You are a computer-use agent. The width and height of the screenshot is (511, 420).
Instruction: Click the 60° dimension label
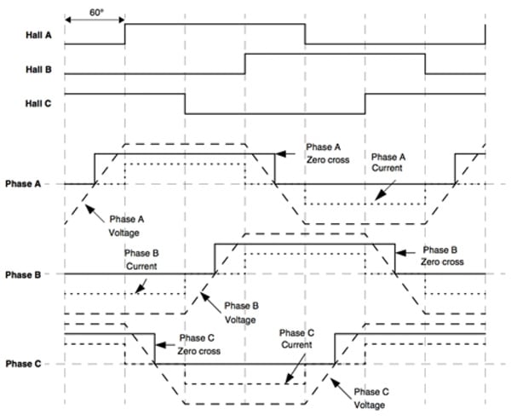(95, 13)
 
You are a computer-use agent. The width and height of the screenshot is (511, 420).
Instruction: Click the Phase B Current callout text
(123, 259)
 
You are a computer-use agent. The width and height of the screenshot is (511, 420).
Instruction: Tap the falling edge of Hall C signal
(186, 103)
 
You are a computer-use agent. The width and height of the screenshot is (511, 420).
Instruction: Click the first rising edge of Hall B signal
(245, 64)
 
